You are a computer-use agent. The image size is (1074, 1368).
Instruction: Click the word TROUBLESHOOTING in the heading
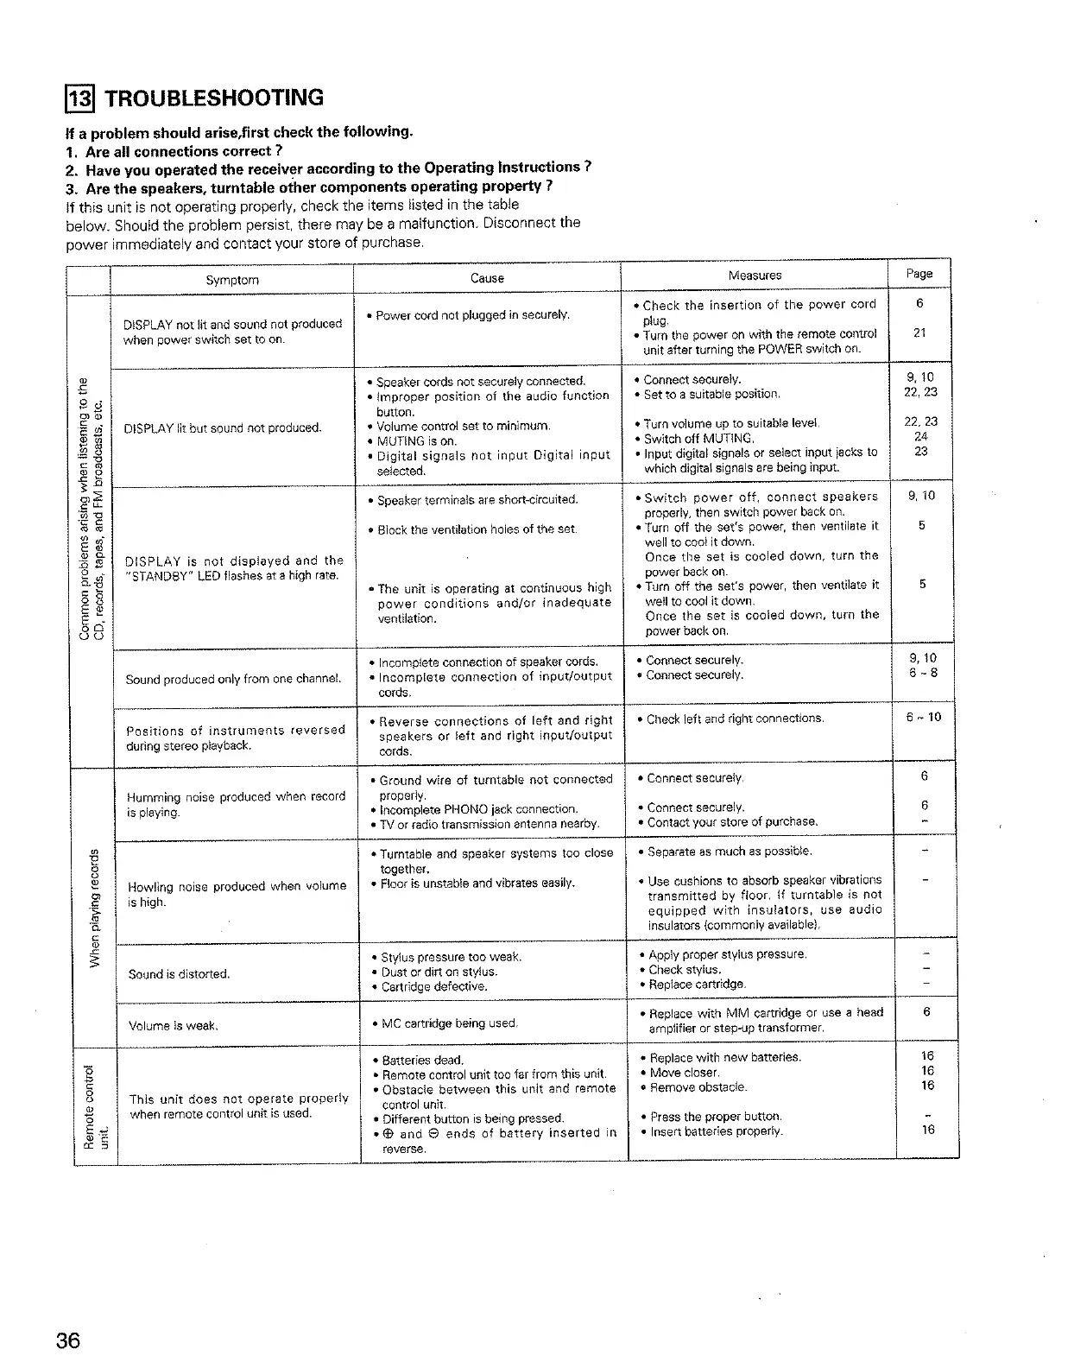pos(213,98)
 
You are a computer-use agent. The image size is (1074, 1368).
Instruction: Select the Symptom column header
pos(232,280)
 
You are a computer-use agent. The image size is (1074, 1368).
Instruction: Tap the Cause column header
pos(487,278)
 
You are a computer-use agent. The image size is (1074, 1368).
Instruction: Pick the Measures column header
pos(755,275)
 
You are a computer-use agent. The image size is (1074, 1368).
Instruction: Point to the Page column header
pos(919,274)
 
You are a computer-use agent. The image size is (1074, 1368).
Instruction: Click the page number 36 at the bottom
pos(69,1341)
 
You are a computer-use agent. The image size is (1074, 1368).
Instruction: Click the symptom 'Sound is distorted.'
pos(179,974)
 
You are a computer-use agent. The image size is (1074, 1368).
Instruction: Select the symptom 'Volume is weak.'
pos(173,1027)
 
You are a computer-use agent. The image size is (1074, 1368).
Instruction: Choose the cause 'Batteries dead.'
pos(423,1060)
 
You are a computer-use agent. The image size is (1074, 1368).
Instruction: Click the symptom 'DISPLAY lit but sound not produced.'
pos(223,428)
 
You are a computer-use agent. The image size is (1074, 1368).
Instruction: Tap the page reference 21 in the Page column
pos(920,333)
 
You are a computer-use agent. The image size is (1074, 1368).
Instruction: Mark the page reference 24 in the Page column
pos(921,437)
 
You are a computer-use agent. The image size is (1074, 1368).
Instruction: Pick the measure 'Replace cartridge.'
pos(697,985)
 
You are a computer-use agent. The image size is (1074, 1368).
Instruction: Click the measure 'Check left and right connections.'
pos(736,719)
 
